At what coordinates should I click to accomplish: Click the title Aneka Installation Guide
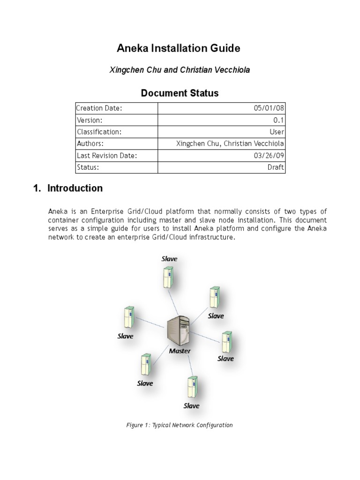(x=178, y=48)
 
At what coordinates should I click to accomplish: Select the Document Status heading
(x=180, y=93)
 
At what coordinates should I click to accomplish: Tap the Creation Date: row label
(x=99, y=108)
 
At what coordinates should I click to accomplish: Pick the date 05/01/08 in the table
(x=269, y=108)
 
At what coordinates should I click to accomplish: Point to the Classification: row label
(x=99, y=132)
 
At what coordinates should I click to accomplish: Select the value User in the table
(x=276, y=132)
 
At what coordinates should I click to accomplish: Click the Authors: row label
(x=90, y=143)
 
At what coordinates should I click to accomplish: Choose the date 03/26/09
(x=269, y=155)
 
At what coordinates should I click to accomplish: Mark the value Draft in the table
(x=275, y=167)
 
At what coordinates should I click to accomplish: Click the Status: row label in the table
(x=88, y=167)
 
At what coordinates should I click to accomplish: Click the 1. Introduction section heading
(x=68, y=188)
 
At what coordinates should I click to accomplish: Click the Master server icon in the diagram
(x=179, y=329)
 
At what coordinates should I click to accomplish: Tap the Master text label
(x=180, y=350)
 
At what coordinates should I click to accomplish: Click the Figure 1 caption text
(x=180, y=425)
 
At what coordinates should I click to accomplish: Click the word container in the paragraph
(x=62, y=220)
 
